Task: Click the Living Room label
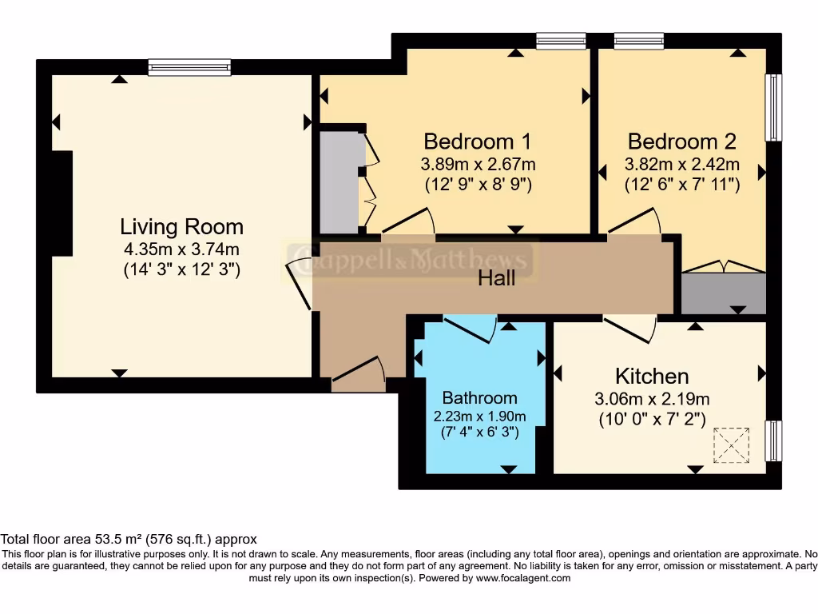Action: (x=181, y=226)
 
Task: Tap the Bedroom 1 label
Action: (x=478, y=142)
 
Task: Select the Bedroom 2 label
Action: (x=681, y=142)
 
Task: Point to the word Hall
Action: (x=496, y=278)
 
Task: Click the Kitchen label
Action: (x=652, y=376)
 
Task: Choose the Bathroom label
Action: (x=479, y=397)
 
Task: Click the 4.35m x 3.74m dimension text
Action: (x=181, y=249)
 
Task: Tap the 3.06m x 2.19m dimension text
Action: (x=652, y=399)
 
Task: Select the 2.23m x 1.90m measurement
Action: (x=479, y=416)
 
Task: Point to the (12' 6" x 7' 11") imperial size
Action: (x=681, y=184)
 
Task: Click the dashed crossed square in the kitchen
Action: (x=732, y=445)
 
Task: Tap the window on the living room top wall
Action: (x=189, y=68)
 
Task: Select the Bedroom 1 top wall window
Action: (x=561, y=41)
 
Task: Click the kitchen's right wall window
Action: (x=772, y=441)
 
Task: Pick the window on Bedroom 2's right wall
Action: (x=772, y=108)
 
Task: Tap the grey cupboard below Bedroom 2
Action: (x=723, y=293)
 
